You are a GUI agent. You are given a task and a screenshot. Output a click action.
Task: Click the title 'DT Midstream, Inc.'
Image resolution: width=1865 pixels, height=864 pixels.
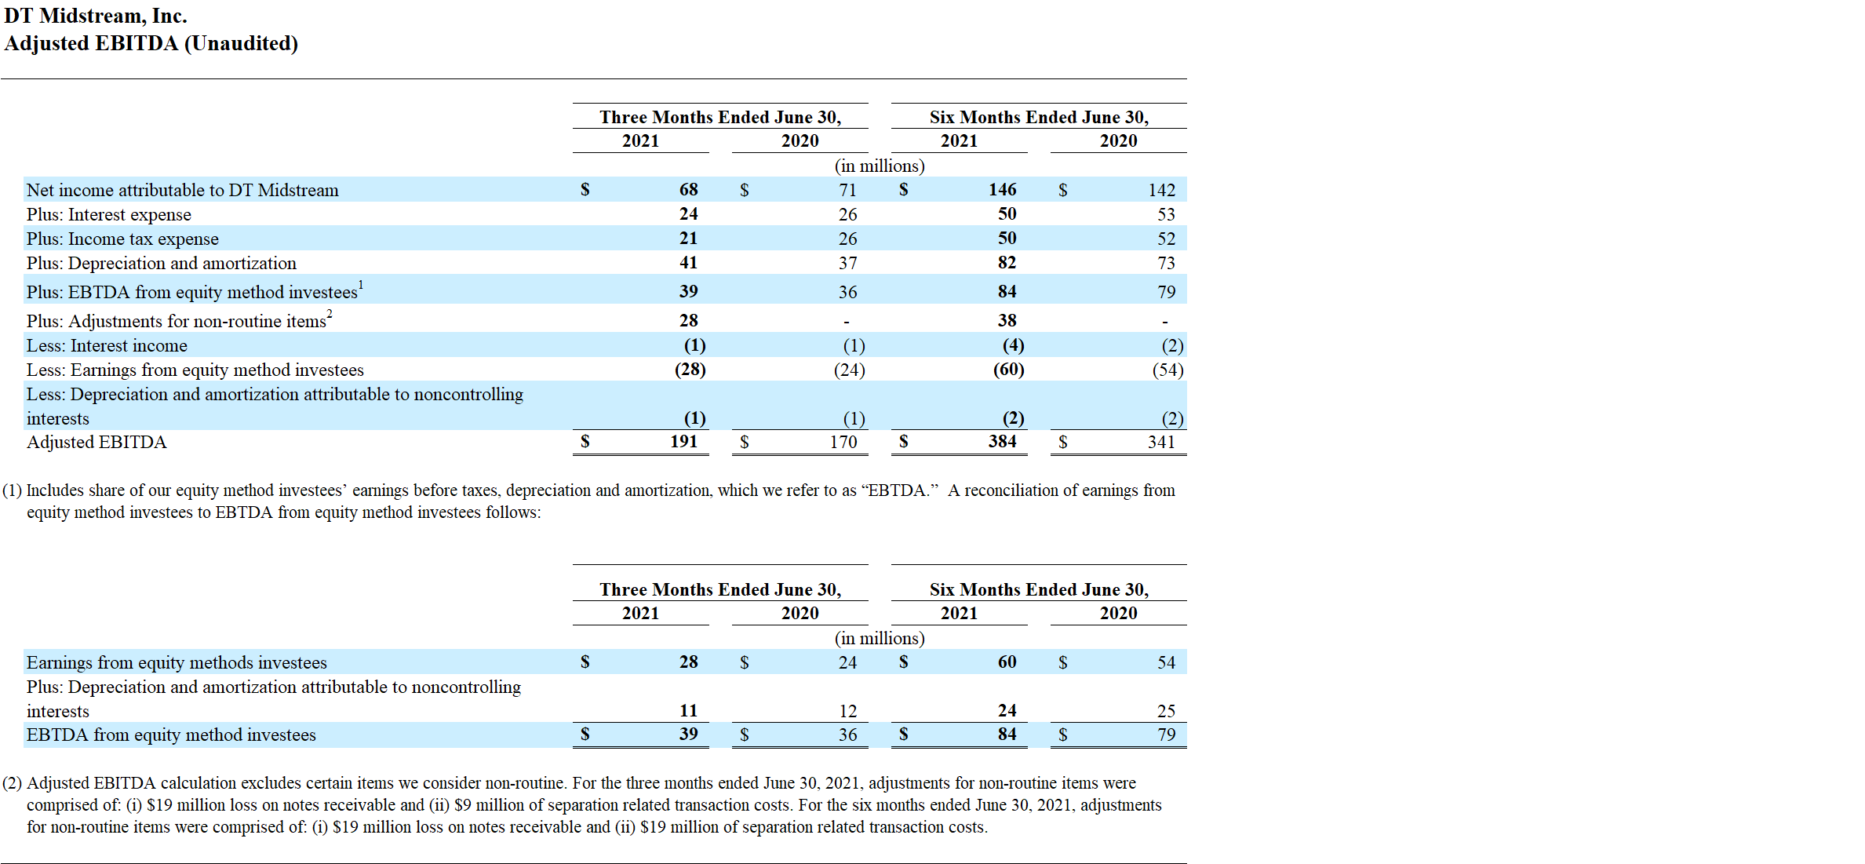(x=96, y=16)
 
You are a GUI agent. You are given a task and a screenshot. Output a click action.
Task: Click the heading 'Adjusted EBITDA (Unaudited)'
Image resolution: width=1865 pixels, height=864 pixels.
(x=151, y=43)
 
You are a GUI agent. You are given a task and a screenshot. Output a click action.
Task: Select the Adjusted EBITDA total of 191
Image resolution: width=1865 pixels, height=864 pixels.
(x=683, y=442)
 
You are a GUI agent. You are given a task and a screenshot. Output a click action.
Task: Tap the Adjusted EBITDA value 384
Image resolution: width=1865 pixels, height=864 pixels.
(x=1002, y=442)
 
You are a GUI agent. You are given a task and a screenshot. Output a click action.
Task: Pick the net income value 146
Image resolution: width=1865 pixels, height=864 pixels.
(x=1002, y=190)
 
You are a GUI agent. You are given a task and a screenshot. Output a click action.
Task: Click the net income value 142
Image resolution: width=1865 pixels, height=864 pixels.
(x=1161, y=190)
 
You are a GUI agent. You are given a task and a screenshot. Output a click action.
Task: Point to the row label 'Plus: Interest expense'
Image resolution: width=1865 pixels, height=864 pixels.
(x=109, y=214)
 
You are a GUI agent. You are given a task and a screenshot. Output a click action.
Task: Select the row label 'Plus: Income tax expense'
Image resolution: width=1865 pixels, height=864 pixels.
(x=122, y=239)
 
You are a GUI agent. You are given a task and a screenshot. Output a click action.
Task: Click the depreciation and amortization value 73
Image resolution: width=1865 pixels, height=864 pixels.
(x=1166, y=263)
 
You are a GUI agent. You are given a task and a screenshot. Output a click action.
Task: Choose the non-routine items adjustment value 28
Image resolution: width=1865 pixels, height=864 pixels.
(x=688, y=320)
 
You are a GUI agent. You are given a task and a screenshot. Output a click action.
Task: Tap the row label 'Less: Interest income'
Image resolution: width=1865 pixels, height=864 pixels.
(x=107, y=345)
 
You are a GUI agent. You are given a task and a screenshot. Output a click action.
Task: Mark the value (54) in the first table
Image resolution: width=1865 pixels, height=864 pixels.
(x=1167, y=370)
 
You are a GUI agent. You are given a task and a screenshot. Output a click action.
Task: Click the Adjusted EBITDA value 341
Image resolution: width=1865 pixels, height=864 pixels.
(x=1161, y=442)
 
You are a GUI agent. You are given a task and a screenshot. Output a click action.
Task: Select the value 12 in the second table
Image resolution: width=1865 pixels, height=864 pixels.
(x=847, y=711)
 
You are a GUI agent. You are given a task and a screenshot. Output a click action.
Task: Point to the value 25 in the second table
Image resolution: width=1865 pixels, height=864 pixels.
(x=1166, y=711)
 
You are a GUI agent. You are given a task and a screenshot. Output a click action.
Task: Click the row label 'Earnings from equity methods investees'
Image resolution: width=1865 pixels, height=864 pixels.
(x=177, y=662)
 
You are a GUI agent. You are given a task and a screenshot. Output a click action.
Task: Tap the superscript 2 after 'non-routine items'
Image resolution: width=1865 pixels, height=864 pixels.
(x=330, y=314)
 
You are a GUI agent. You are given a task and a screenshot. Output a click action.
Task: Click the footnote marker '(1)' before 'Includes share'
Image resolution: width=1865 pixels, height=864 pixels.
(x=12, y=490)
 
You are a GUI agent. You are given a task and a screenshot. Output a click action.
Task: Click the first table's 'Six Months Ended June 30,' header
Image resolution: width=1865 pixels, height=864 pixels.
(x=1039, y=117)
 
